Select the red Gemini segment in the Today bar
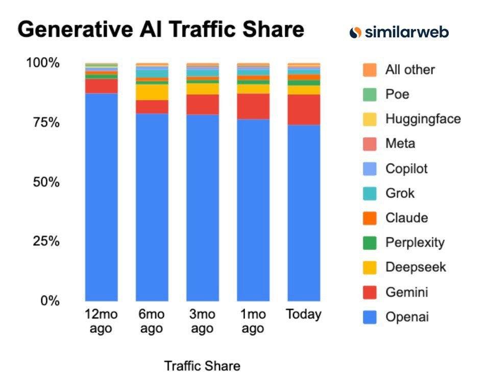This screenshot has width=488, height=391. (304, 110)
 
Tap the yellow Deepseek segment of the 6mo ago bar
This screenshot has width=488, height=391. (152, 92)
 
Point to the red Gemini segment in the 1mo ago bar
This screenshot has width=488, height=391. (253, 106)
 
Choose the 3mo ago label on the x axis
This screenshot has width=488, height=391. (202, 321)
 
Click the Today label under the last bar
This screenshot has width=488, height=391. (304, 314)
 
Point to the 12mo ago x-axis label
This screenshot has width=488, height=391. (101, 321)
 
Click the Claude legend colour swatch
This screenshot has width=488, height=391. (370, 218)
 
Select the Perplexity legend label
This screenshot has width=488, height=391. (414, 242)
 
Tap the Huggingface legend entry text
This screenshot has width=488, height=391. (423, 119)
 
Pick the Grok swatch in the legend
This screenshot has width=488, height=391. (370, 193)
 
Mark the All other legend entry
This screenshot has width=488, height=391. (410, 69)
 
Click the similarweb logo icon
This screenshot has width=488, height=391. (356, 32)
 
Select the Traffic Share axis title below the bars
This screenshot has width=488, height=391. (202, 365)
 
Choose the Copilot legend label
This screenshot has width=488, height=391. (406, 168)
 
